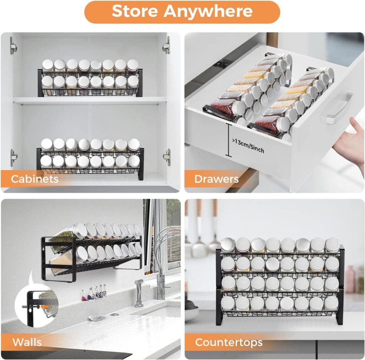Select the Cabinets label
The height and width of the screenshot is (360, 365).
[x=35, y=179]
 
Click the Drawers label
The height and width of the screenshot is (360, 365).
[x=216, y=179]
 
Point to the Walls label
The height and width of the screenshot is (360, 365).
[x=27, y=343]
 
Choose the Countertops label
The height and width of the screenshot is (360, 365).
[x=228, y=343]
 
